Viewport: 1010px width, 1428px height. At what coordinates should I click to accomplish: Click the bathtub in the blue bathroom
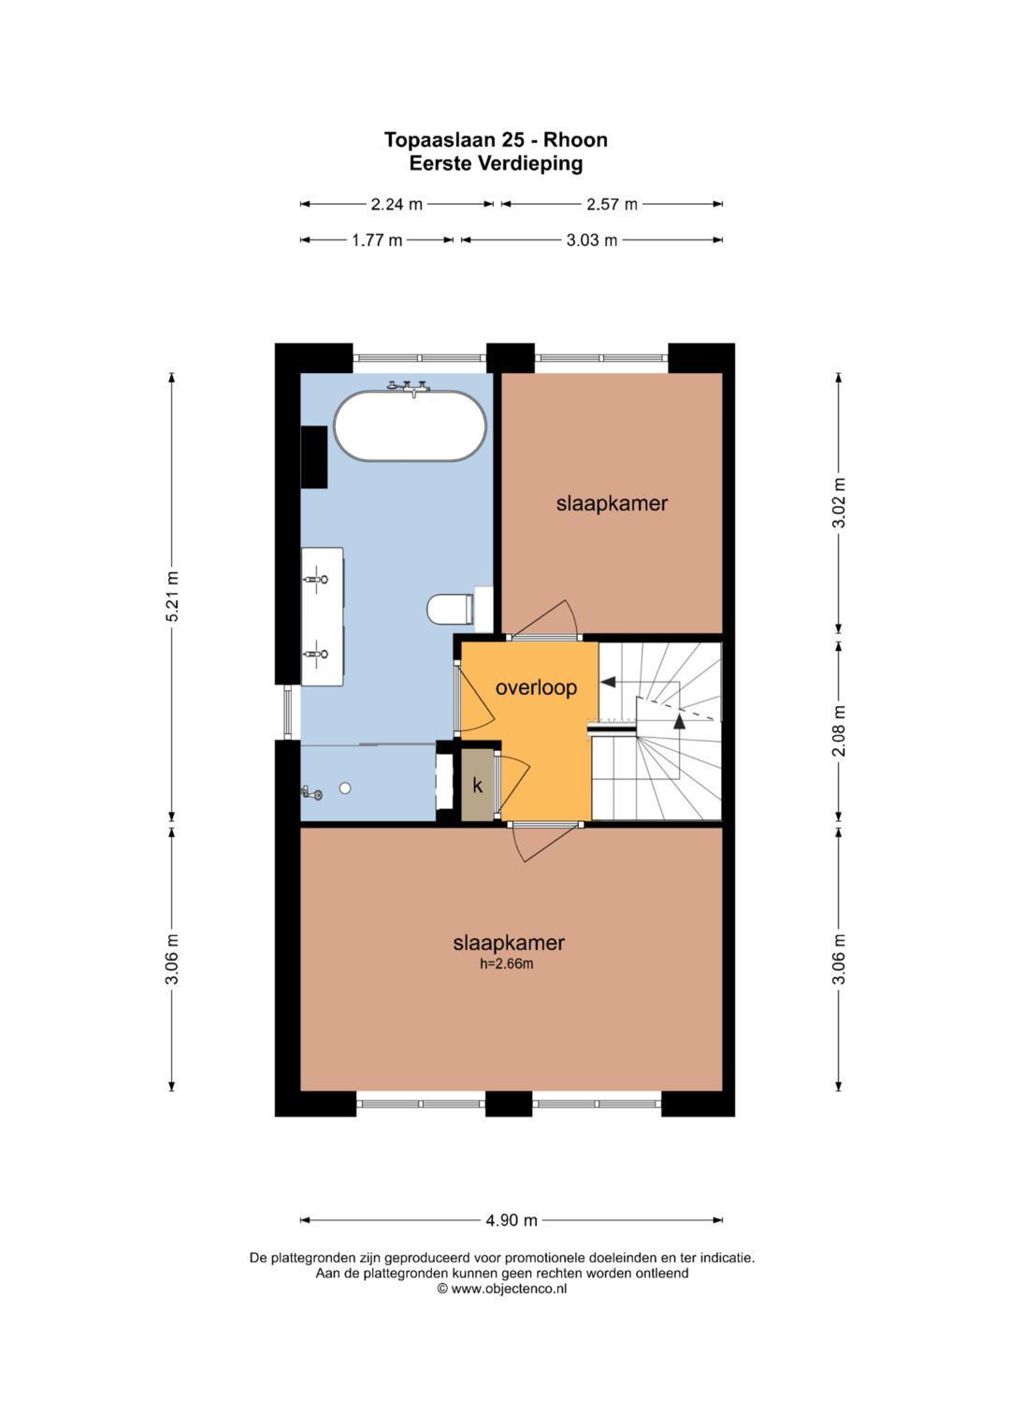pos(410,426)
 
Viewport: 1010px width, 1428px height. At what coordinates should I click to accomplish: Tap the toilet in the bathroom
pos(450,609)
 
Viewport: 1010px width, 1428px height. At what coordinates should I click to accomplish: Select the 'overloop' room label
pos(536,687)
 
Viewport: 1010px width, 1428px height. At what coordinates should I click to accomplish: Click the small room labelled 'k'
pos(478,786)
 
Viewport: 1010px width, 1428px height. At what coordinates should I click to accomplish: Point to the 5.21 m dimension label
pos(172,596)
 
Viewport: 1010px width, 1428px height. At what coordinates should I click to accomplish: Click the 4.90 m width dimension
pos(512,1220)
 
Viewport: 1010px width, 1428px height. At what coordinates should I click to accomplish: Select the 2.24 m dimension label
pos(397,204)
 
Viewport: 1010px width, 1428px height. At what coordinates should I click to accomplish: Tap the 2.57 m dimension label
pos(613,204)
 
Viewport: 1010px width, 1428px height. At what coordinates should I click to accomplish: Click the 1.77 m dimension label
pos(378,240)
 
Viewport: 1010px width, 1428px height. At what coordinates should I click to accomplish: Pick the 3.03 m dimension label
pos(592,240)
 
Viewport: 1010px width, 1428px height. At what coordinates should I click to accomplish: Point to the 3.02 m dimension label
pos(839,502)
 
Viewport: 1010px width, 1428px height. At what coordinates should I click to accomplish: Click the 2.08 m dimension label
pos(839,730)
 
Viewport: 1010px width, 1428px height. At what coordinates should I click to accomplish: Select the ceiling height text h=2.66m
pos(507,964)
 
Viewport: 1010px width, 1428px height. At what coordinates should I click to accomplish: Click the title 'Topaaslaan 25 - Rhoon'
pos(496,139)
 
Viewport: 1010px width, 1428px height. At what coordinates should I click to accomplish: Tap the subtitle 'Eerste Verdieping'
pos(496,164)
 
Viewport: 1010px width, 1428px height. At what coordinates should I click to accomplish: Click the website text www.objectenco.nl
pos(509,1289)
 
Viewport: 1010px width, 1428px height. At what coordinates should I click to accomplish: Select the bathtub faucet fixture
pos(409,386)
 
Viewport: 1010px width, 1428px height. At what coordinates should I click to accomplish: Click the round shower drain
pos(345,788)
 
